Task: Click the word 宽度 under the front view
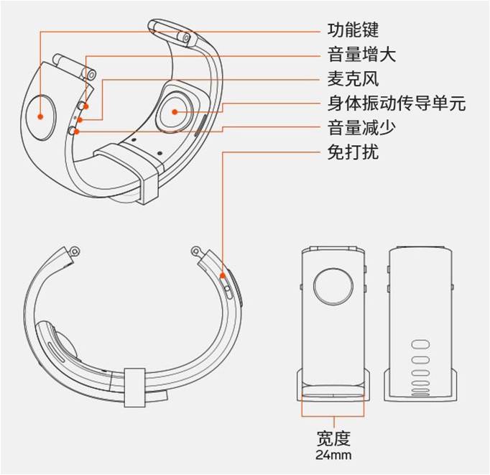click(x=333, y=438)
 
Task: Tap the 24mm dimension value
click(x=333, y=455)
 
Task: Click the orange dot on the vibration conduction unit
click(x=174, y=112)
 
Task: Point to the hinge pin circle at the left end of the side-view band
click(x=75, y=251)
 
